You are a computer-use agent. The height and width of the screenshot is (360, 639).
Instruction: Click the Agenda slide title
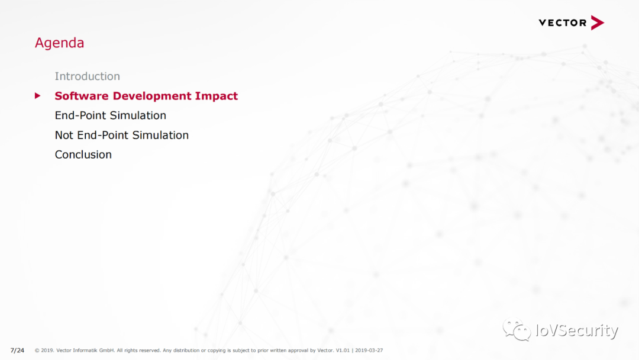(x=60, y=43)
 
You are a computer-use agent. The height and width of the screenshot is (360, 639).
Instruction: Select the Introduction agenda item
(x=87, y=76)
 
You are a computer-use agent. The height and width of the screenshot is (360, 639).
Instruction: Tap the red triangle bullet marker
(x=37, y=96)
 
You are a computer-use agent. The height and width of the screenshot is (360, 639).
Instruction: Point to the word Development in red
(x=152, y=97)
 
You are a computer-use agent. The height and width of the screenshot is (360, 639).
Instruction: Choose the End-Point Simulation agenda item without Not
(x=111, y=115)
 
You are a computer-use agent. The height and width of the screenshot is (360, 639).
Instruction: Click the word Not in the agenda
(x=64, y=135)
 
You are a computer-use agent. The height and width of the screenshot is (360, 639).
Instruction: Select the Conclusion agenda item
(x=83, y=155)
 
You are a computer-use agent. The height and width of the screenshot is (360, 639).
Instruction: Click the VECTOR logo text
(x=563, y=23)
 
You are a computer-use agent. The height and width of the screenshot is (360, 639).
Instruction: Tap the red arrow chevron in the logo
(x=598, y=23)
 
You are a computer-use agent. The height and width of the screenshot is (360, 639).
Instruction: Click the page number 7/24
(x=17, y=350)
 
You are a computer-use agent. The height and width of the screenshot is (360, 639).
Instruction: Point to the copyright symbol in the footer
(x=37, y=350)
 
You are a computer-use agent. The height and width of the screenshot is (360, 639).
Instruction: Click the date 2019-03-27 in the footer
(x=369, y=350)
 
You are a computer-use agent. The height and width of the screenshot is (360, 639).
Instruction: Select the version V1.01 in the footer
(x=343, y=350)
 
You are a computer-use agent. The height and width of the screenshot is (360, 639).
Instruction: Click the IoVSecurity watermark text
(x=577, y=330)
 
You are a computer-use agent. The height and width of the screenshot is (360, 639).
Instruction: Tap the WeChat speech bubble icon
(x=517, y=329)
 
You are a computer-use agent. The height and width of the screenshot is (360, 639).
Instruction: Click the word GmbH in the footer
(x=106, y=350)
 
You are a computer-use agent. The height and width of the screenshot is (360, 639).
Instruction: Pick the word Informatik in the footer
(x=85, y=350)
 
